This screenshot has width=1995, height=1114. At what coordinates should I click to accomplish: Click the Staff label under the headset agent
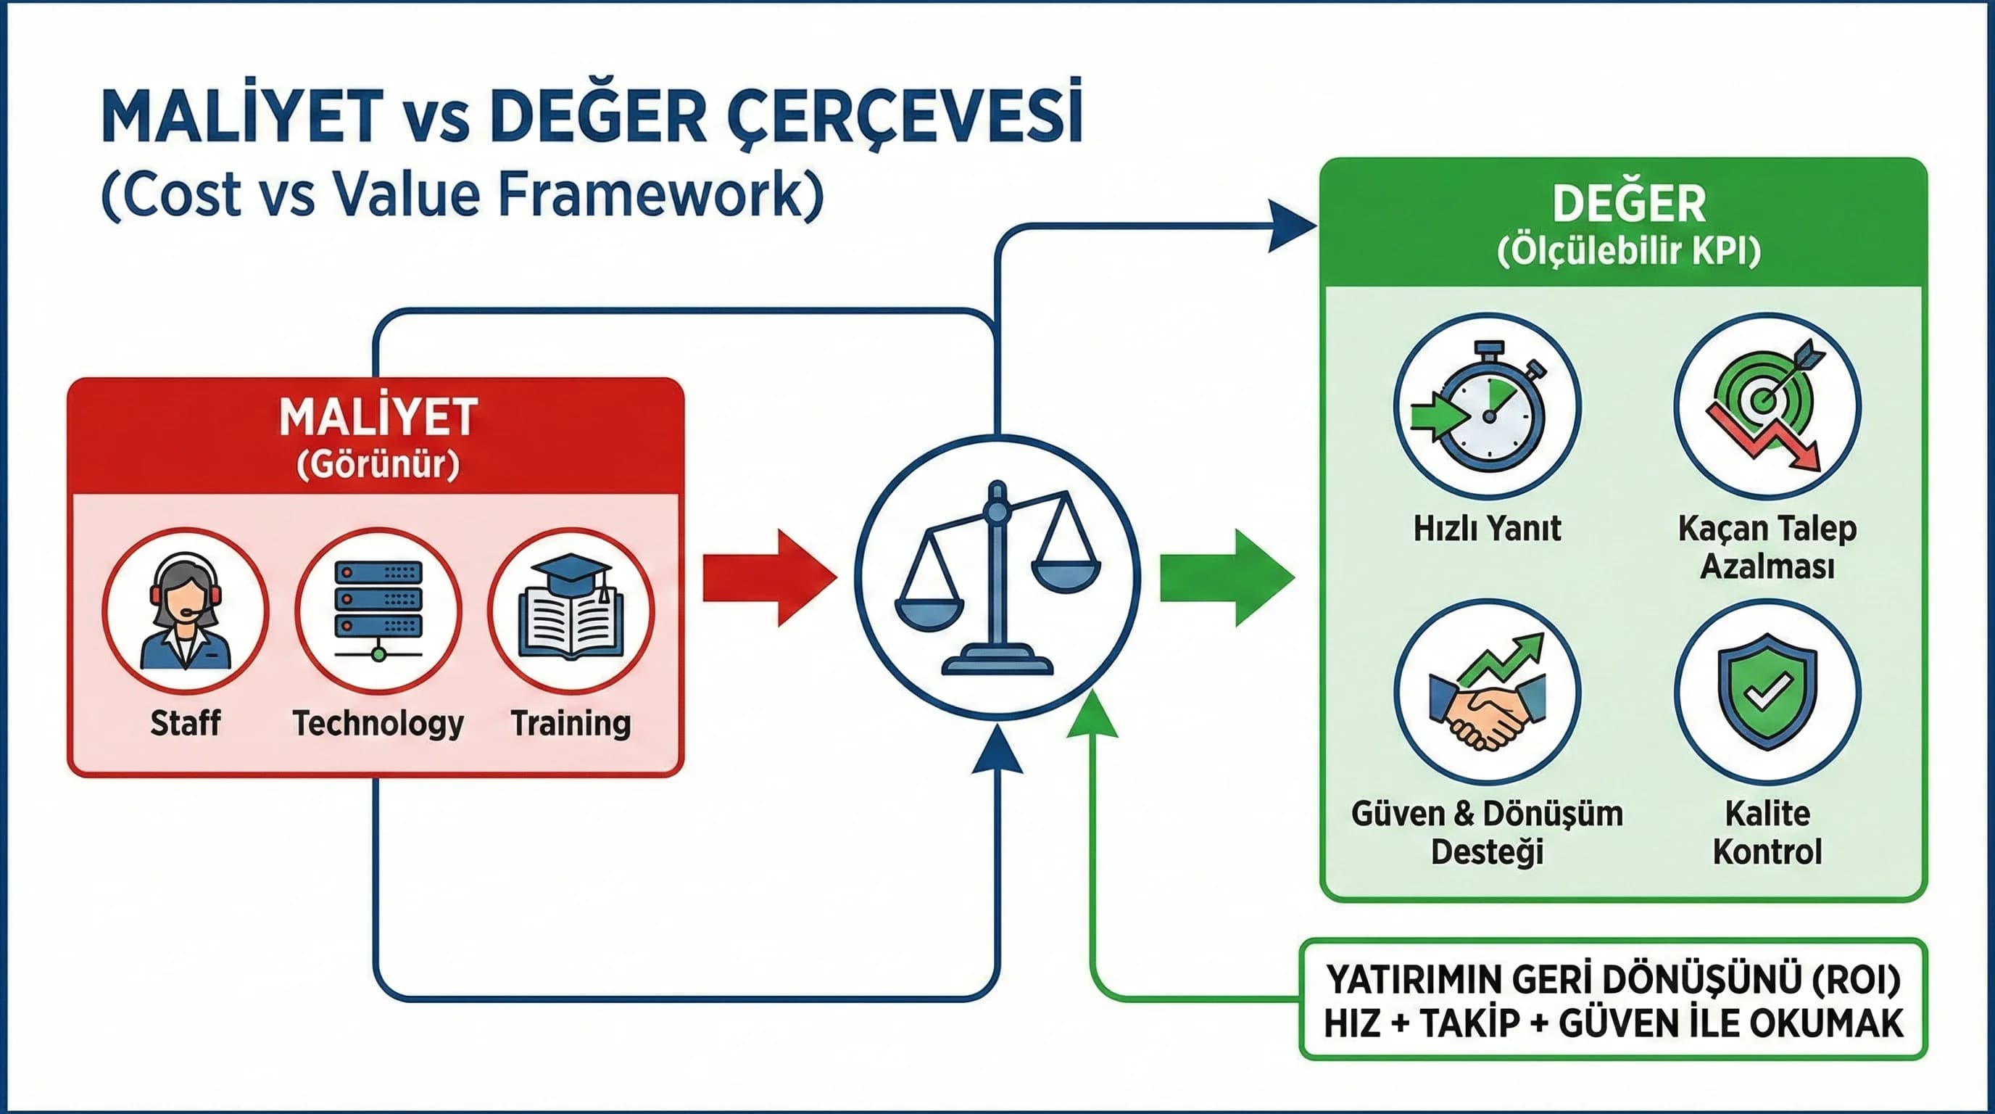click(185, 723)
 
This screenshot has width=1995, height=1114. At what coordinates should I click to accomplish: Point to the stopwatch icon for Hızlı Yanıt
click(1486, 408)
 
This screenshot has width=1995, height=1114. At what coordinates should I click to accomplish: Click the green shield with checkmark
click(1767, 692)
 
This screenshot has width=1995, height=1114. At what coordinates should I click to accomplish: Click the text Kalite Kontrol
click(1767, 833)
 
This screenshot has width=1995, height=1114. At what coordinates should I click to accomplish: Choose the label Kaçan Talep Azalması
click(1767, 547)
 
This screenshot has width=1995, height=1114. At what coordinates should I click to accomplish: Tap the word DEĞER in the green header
click(1630, 204)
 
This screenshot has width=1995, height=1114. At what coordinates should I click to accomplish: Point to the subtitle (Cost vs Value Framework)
click(463, 194)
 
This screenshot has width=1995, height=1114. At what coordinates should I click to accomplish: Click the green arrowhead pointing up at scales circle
click(1092, 717)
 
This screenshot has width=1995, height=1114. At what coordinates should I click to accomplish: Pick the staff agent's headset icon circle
click(185, 611)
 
